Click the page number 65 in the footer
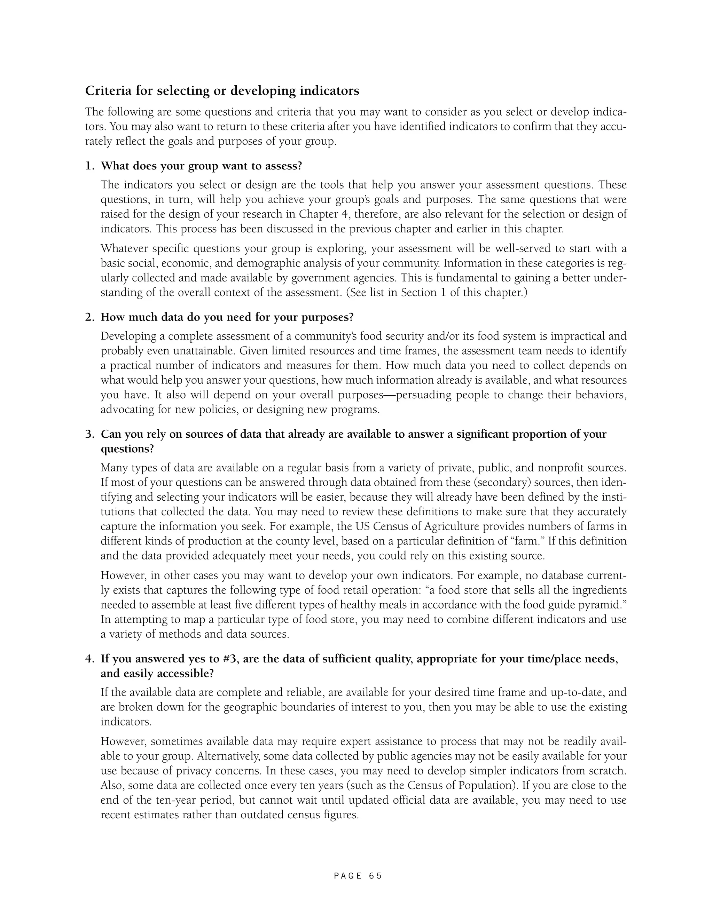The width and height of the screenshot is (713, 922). pos(375,876)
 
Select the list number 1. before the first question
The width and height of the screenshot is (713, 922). pos(89,166)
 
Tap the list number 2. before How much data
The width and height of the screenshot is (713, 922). pos(89,317)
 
